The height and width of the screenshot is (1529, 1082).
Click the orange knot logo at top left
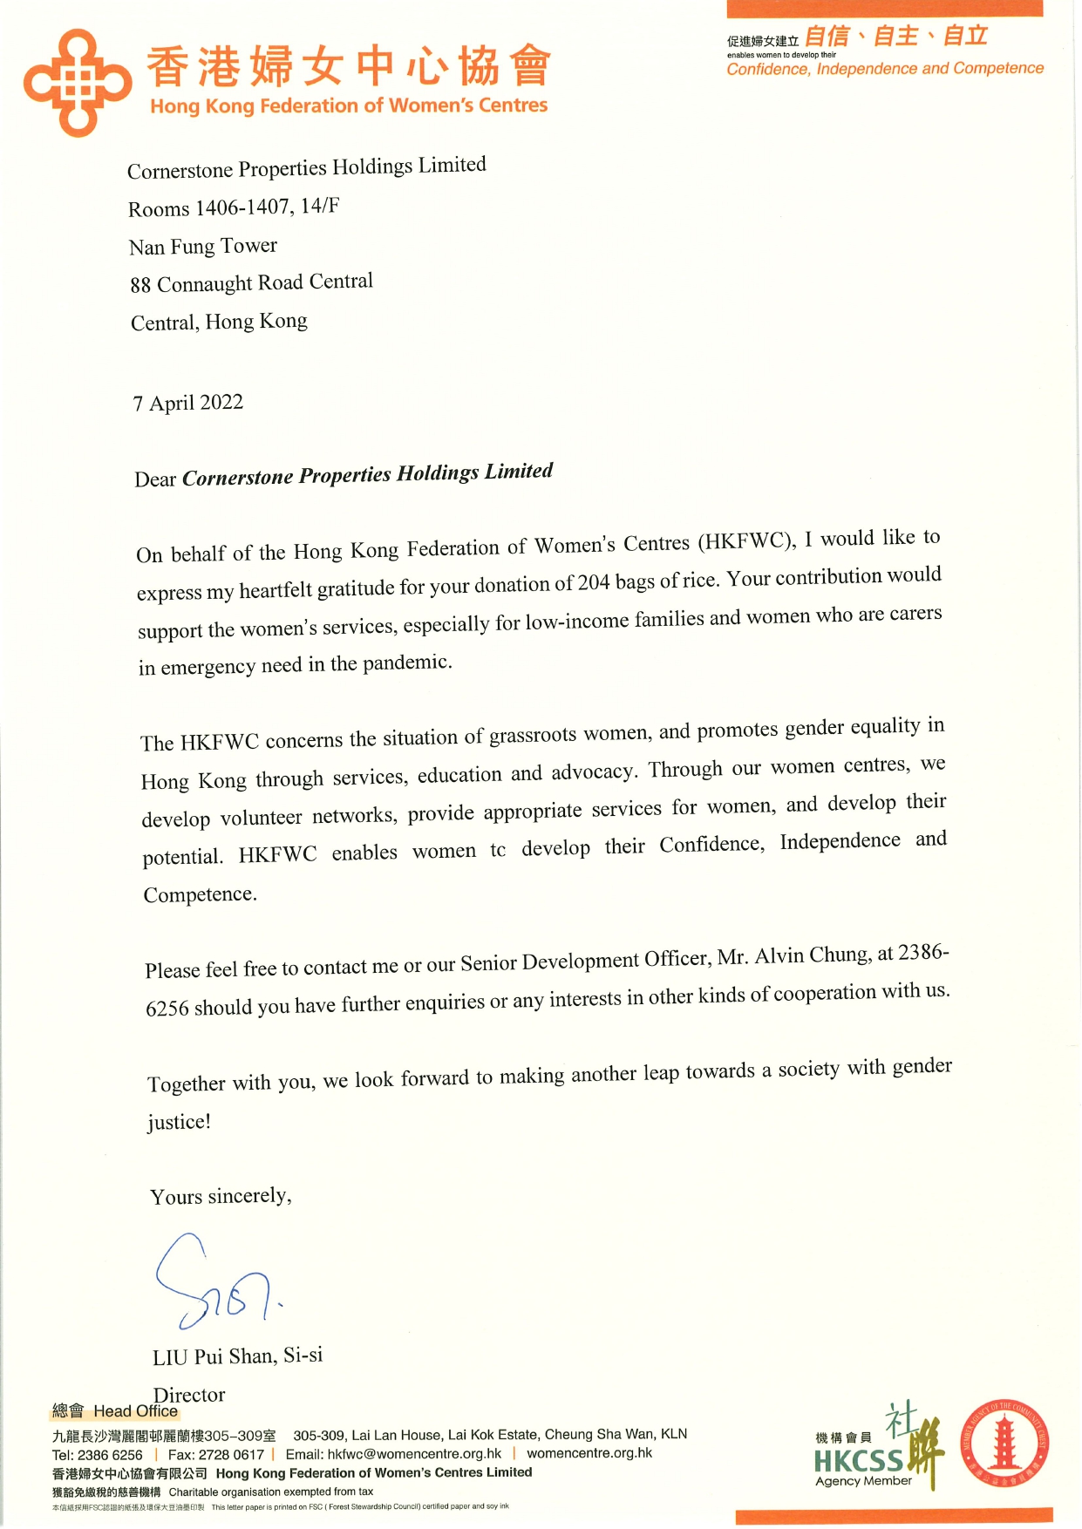[x=77, y=83]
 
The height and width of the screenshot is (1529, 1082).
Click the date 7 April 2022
[x=187, y=403]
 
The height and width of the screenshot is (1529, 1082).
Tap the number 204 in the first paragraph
[x=594, y=582]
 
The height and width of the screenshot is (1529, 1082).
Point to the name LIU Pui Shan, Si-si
[x=237, y=1356]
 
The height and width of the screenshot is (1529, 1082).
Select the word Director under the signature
[x=189, y=1395]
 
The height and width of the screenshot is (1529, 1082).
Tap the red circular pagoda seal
[x=1004, y=1444]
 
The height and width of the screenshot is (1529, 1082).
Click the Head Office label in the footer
[x=135, y=1411]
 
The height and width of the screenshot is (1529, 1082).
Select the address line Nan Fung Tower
[x=203, y=247]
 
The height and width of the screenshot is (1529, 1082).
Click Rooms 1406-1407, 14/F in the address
[x=234, y=207]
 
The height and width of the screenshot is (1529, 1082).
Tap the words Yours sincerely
[x=221, y=1196]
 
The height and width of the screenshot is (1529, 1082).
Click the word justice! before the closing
[x=179, y=1122]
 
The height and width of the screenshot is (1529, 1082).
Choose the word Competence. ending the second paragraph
[x=200, y=894]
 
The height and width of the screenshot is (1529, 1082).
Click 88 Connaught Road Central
[x=251, y=283]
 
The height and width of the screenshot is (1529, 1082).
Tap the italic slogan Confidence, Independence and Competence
[x=884, y=69]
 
